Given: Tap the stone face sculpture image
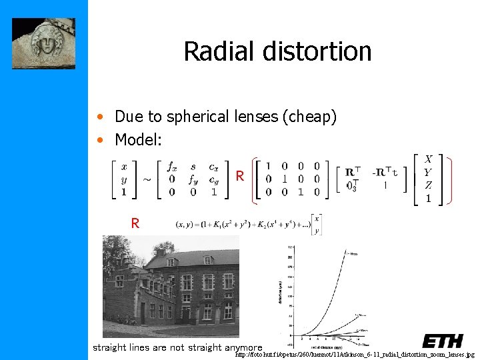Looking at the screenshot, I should [x=44, y=43].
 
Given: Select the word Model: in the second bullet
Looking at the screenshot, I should [x=137, y=139].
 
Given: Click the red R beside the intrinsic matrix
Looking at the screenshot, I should [x=239, y=177].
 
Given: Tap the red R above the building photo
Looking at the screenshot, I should [x=135, y=224].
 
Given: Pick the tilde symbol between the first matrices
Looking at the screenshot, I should [x=147, y=179].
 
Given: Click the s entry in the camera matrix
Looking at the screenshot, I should [x=193, y=167].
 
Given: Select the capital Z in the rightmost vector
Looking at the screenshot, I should [x=427, y=185].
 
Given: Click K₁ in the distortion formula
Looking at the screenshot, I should [x=219, y=225].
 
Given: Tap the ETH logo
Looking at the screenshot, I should [x=442, y=341].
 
